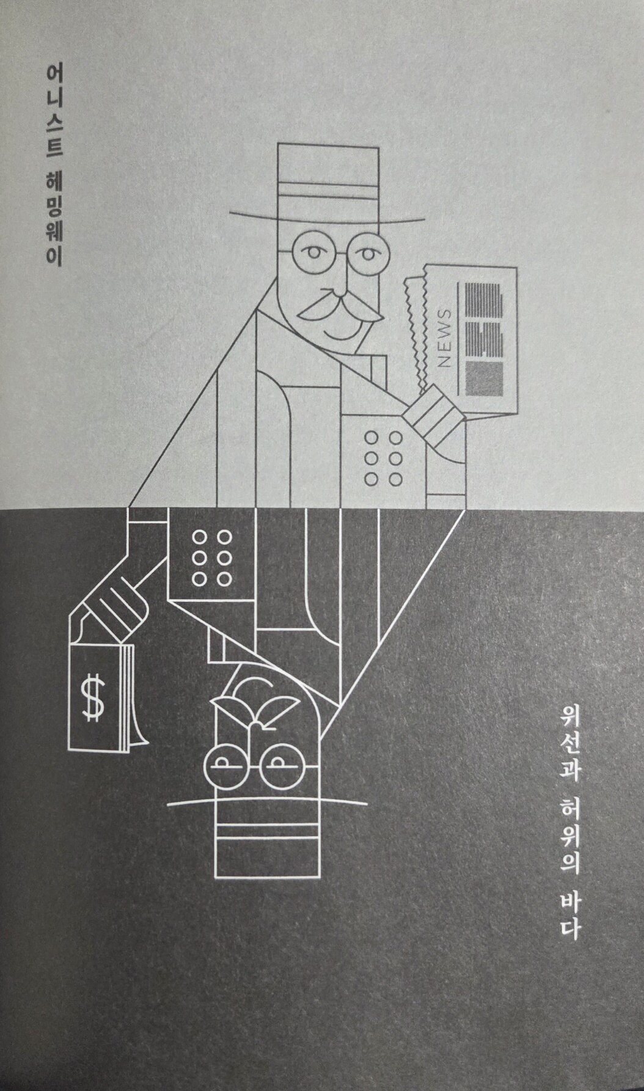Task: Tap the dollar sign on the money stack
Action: (x=93, y=698)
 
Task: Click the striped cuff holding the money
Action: (x=119, y=611)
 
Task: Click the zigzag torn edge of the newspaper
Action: (x=415, y=330)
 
